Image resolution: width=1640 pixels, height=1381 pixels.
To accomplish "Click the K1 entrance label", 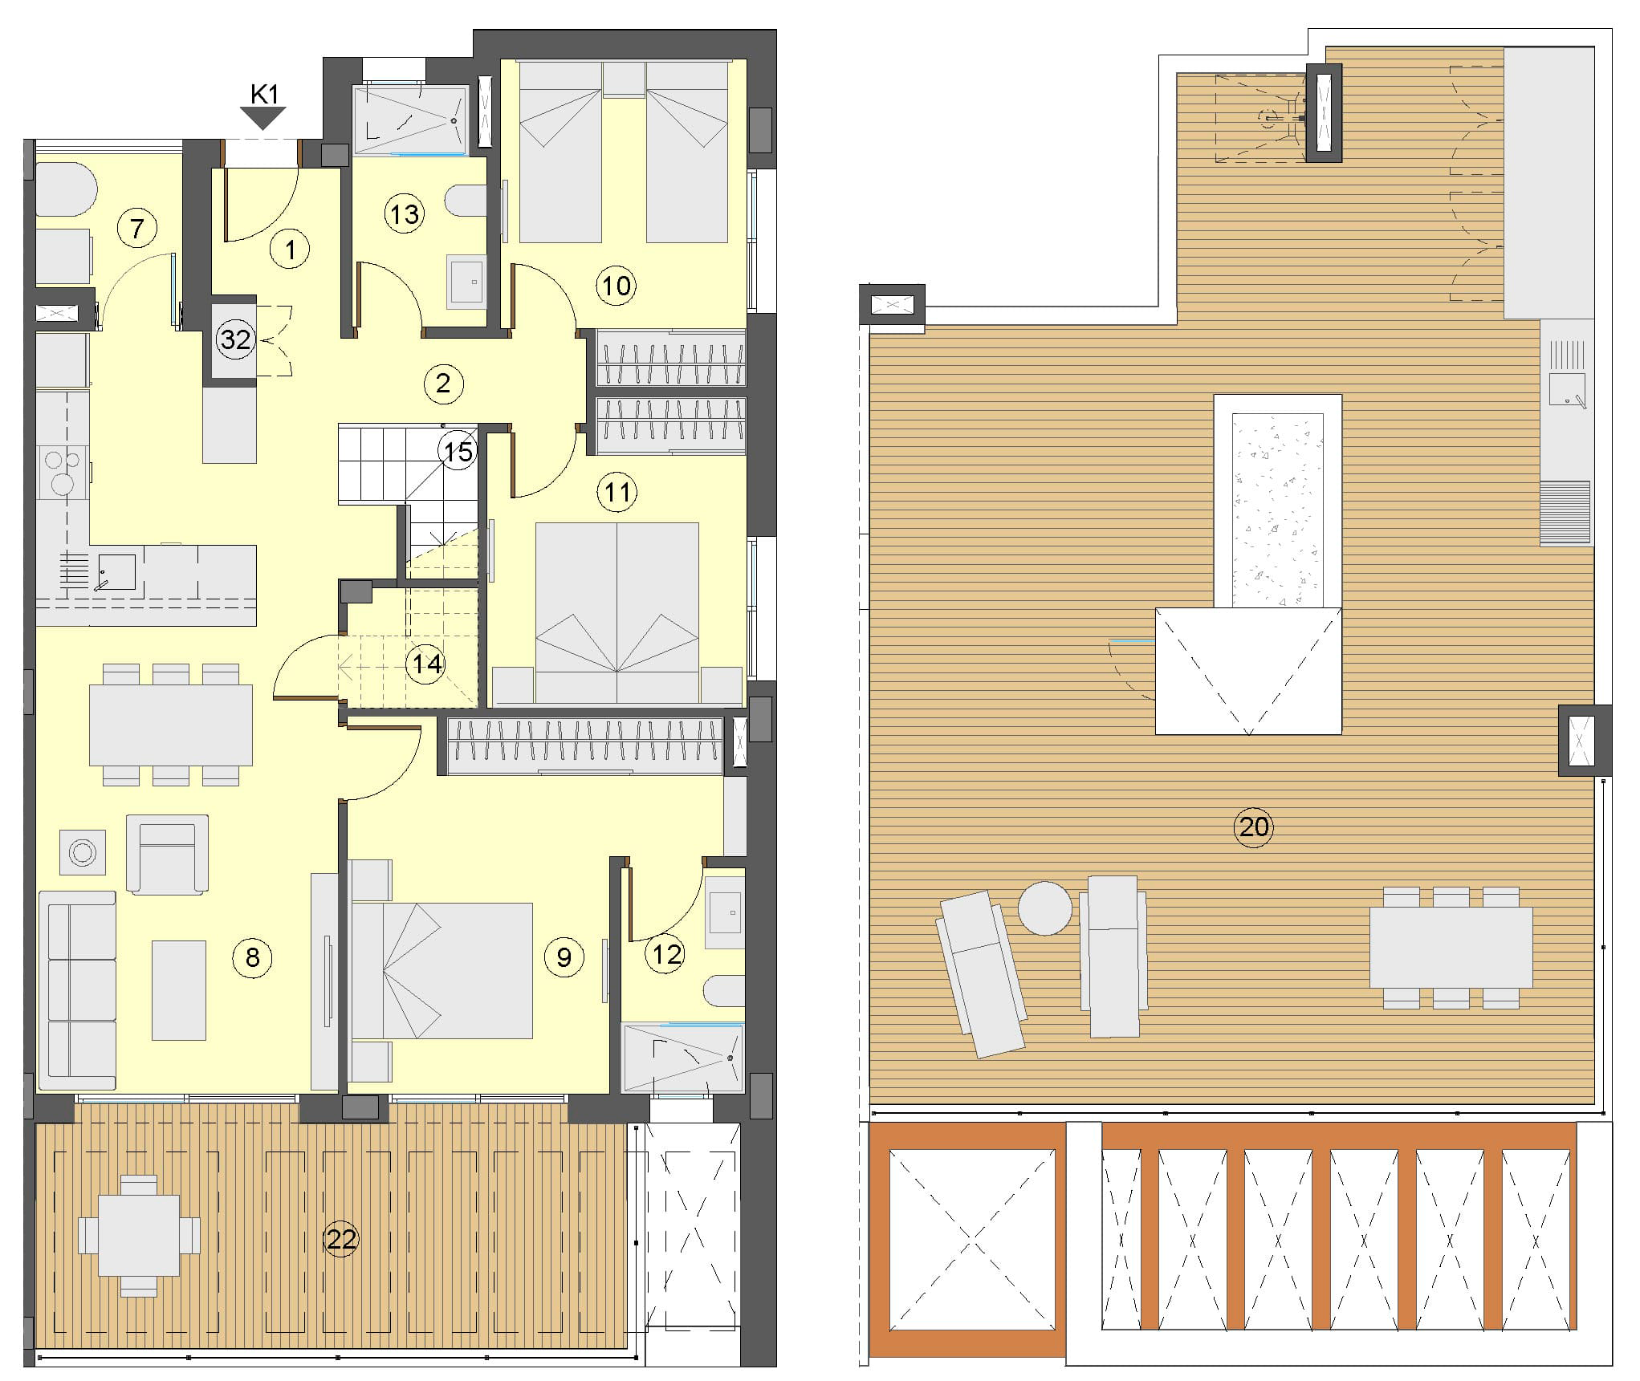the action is click(x=264, y=95).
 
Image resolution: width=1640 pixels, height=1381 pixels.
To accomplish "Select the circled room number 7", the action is click(x=136, y=229).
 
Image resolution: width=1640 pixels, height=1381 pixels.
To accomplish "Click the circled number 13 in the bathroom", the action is click(x=404, y=214).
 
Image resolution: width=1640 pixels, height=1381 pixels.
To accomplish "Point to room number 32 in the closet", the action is click(x=235, y=339).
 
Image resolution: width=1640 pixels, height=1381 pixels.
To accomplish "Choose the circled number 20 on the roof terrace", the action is click(x=1254, y=826).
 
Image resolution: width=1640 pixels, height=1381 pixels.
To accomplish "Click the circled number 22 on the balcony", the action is click(x=340, y=1239).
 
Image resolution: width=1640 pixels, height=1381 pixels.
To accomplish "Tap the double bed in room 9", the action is click(x=442, y=971).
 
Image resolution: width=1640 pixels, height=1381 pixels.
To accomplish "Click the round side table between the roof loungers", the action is click(x=1044, y=908).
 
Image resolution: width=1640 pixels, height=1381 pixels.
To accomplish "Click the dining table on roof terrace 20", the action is click(x=1451, y=948).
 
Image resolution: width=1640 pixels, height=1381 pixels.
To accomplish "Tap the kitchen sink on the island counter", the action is click(x=117, y=571).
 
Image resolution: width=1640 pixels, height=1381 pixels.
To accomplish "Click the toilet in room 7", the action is click(x=67, y=189).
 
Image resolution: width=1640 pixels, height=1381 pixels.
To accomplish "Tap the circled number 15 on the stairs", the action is click(x=458, y=452).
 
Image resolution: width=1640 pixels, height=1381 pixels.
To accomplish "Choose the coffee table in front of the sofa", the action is click(x=179, y=990).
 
